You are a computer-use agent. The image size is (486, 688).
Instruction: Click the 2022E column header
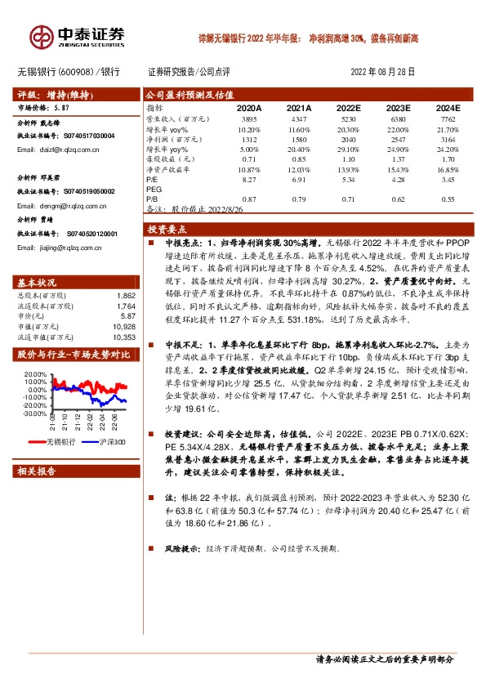coord(347,108)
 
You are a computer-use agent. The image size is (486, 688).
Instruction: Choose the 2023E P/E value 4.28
coord(398,177)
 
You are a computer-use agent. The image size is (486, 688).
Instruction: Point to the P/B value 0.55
coord(448,199)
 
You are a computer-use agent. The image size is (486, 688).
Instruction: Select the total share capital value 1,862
coord(126,294)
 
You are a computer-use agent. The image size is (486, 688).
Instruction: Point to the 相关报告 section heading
coord(38,471)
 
